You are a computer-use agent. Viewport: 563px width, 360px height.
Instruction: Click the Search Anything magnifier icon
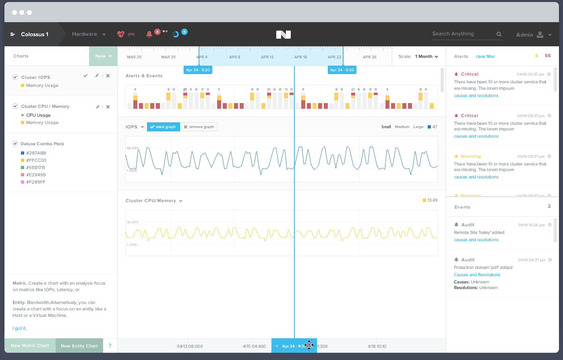click(499, 34)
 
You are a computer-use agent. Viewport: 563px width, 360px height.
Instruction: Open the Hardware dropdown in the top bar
click(89, 34)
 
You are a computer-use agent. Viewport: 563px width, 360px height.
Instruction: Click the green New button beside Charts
click(103, 56)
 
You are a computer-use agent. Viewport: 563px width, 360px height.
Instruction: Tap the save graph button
click(163, 127)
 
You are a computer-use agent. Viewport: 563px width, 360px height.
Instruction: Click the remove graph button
click(199, 127)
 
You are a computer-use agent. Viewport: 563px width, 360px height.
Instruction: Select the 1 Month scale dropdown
click(426, 56)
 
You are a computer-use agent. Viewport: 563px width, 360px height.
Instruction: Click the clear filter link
click(485, 56)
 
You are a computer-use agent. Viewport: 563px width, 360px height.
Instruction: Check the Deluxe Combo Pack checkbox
click(15, 144)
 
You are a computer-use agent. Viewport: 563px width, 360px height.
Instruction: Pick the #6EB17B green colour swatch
click(23, 168)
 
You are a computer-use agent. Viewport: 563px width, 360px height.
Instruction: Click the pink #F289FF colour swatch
click(23, 182)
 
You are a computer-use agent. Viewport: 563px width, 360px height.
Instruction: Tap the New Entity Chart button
click(79, 346)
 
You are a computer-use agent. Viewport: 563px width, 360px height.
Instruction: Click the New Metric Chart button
click(30, 346)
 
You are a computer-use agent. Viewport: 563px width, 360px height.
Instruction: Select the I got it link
click(19, 328)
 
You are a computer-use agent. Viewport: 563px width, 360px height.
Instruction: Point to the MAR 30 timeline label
click(168, 57)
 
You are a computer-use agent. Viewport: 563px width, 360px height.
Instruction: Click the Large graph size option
click(418, 127)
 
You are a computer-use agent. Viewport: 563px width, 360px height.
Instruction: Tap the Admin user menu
click(533, 35)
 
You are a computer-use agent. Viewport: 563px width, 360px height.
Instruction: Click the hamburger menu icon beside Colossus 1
click(12, 34)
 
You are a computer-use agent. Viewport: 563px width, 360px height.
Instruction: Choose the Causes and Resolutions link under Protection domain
click(477, 275)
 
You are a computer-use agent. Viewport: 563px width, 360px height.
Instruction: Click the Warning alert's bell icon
click(456, 156)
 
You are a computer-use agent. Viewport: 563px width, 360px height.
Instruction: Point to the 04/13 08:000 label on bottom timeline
click(190, 346)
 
